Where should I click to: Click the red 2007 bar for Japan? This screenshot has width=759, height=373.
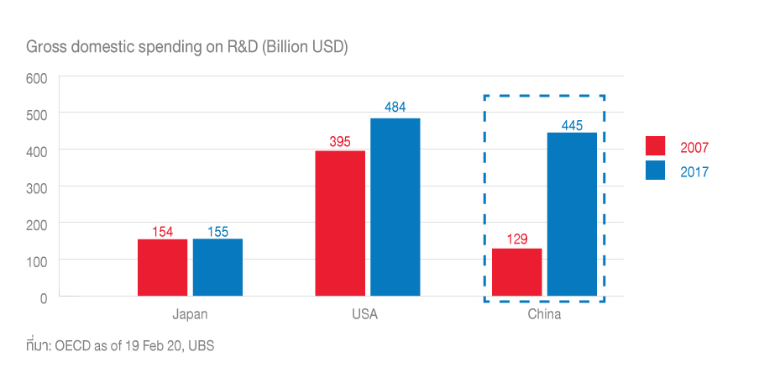tap(163, 267)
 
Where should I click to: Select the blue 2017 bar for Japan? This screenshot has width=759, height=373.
tap(217, 267)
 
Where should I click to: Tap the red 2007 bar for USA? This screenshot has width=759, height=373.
tap(340, 223)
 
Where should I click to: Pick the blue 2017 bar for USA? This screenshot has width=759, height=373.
tap(395, 207)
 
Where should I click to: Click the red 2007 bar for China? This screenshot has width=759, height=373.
tap(517, 272)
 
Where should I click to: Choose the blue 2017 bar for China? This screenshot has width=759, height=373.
tap(572, 214)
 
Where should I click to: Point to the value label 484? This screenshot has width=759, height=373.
tap(395, 108)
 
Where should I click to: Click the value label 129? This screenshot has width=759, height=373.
tap(517, 239)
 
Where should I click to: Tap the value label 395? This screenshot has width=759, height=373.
tap(340, 141)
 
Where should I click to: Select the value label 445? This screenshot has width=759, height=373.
tap(572, 123)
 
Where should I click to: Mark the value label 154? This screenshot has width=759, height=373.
tap(163, 230)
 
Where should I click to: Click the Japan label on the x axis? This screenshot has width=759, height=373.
tap(190, 315)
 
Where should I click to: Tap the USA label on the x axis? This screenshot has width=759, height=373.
tap(365, 315)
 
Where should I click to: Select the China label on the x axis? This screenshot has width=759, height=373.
tap(544, 315)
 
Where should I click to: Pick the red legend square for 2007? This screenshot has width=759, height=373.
tap(655, 146)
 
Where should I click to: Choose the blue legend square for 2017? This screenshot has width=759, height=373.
tap(655, 171)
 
